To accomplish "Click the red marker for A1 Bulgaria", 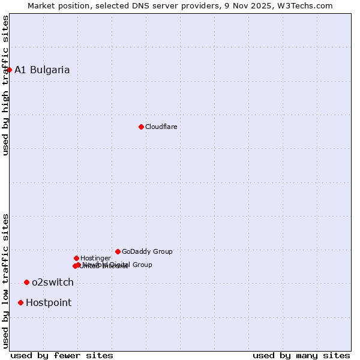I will click(9, 70).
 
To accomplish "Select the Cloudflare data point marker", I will click(141, 127).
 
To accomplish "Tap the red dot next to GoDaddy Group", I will click(118, 251).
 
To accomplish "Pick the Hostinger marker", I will click(76, 258).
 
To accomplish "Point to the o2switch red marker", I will click(26, 282).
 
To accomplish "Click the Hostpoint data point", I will click(21, 302).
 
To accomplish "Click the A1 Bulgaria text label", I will click(42, 70).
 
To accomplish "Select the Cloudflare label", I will click(161, 127).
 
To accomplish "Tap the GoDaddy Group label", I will click(147, 251).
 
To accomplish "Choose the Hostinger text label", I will click(95, 258).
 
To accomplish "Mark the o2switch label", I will click(53, 282).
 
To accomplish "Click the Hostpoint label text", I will click(49, 302).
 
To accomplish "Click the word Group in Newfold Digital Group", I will click(142, 265).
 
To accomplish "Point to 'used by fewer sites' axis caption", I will click(62, 356).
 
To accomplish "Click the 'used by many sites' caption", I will click(301, 356).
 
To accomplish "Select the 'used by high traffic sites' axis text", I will click(5, 85).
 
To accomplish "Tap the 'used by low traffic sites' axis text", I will click(5, 280).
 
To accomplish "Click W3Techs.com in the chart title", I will click(306, 5).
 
